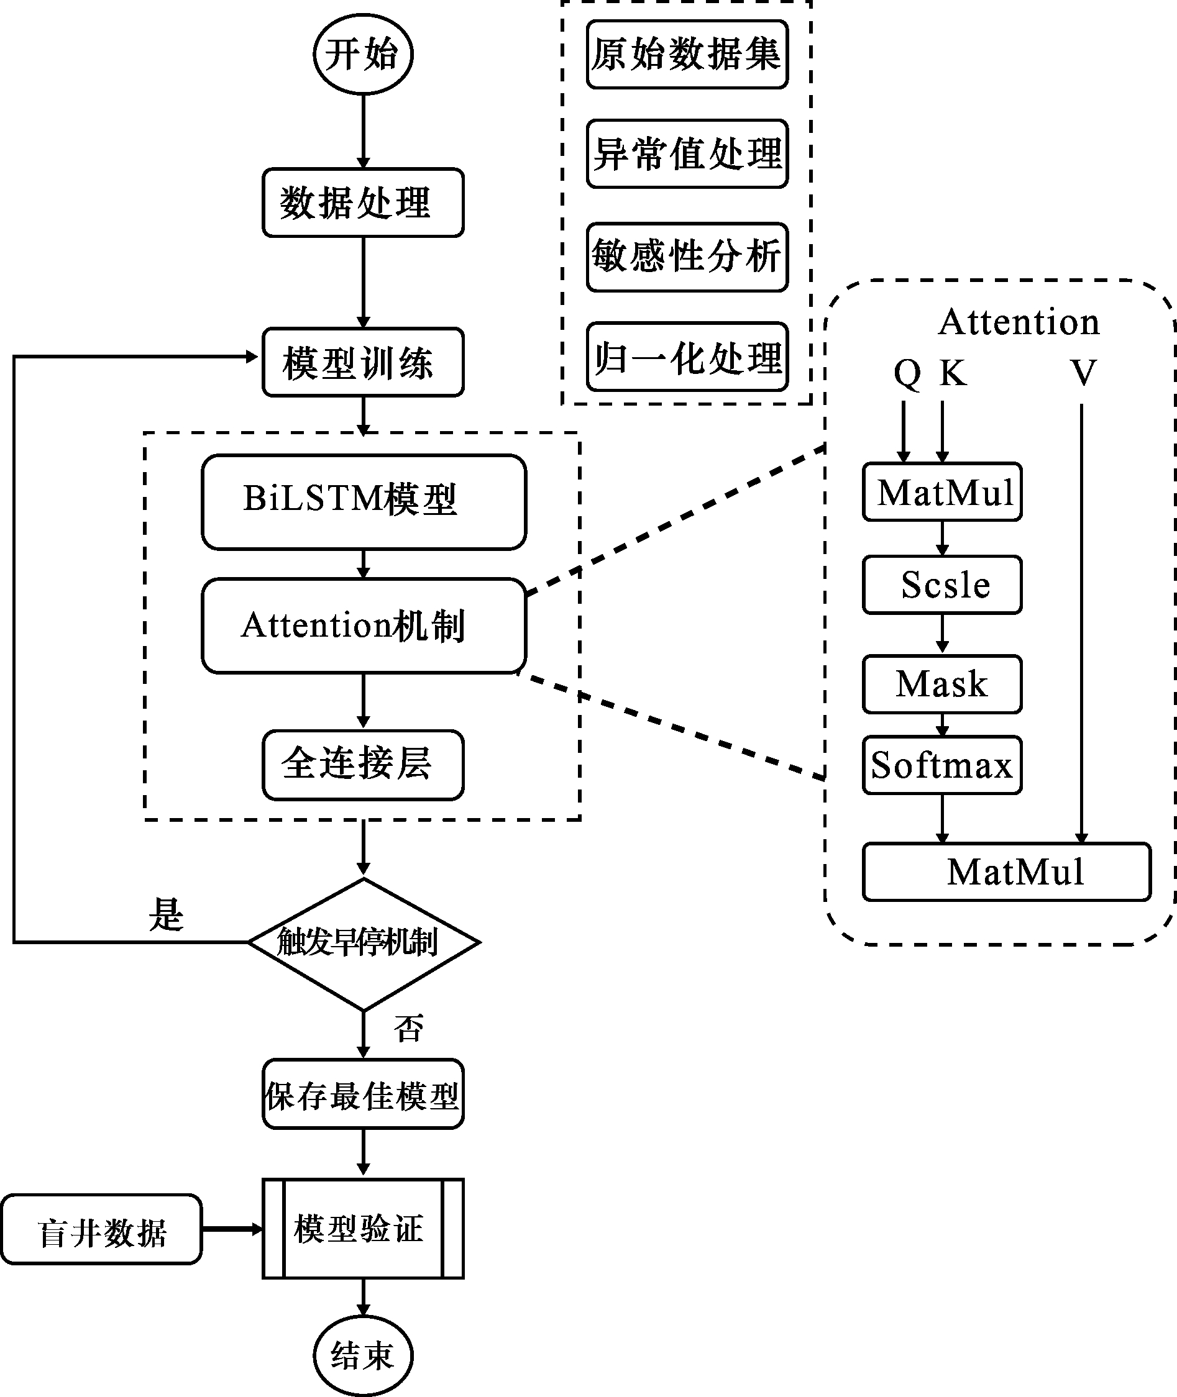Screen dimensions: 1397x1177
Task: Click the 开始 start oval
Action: (363, 54)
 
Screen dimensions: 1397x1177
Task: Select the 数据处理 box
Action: (363, 202)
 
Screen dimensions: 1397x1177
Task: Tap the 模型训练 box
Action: (363, 362)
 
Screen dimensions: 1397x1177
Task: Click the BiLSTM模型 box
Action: (364, 501)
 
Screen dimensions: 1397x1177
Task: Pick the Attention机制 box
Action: (364, 626)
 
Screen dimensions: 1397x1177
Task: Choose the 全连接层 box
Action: (363, 764)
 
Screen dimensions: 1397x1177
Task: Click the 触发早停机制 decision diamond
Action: (364, 942)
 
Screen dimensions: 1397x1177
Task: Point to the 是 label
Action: (165, 914)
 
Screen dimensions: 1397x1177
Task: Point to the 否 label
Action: (408, 1028)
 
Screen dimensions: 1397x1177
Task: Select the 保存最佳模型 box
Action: (363, 1094)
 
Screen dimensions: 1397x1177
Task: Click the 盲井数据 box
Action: (101, 1229)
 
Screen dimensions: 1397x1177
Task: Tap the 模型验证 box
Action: (363, 1228)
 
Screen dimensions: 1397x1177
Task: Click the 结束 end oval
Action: (363, 1355)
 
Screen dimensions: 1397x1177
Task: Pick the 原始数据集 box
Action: (687, 54)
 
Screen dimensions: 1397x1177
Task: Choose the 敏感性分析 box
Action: (687, 257)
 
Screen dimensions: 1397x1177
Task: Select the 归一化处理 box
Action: (687, 357)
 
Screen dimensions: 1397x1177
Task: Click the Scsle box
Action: (942, 585)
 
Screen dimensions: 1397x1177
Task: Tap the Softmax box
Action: (942, 765)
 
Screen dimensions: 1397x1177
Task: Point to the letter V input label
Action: (1084, 372)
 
